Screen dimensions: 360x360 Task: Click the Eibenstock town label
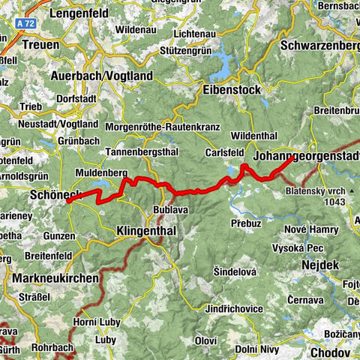(231, 89)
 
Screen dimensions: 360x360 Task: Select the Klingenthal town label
(146, 232)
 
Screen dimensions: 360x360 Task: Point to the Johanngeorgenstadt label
(306, 156)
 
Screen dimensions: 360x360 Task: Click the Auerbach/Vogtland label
(101, 76)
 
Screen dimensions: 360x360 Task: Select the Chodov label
(328, 352)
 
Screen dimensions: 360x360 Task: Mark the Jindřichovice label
(236, 308)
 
